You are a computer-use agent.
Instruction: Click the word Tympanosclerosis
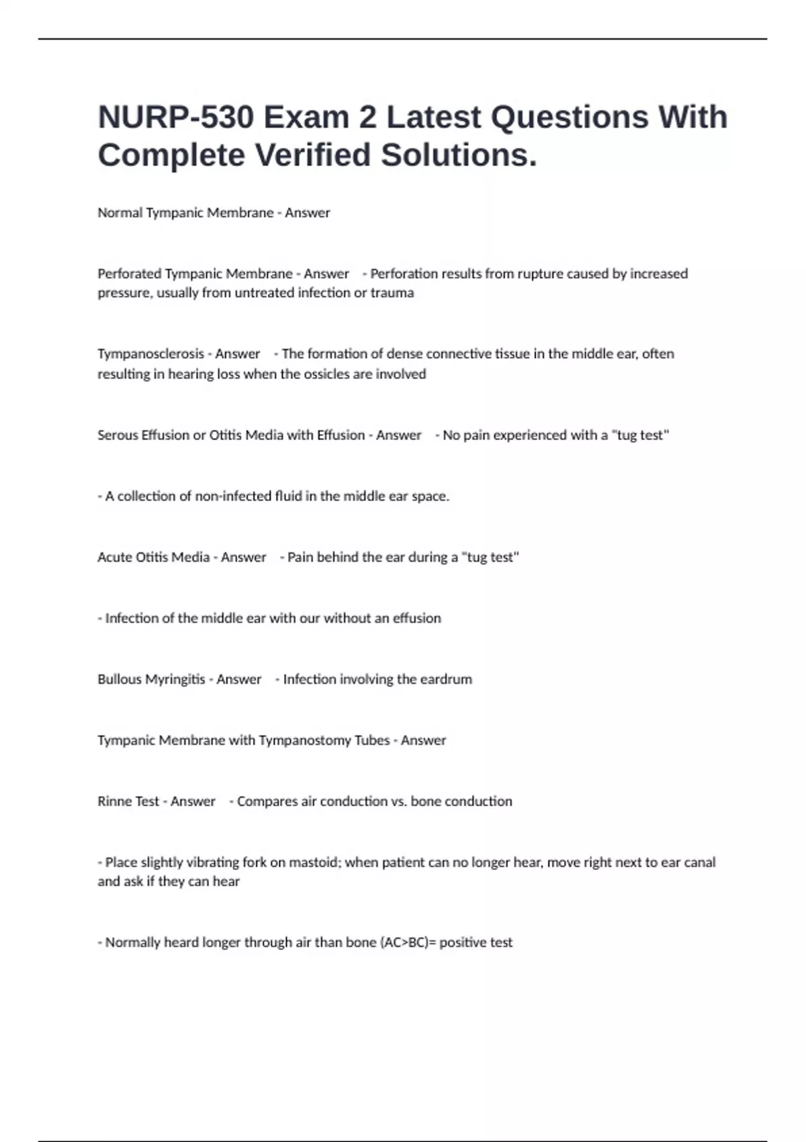[x=150, y=354]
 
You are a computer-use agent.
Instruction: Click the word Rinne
[x=113, y=801]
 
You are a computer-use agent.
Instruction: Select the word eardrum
[x=446, y=679]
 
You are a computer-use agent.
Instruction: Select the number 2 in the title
[x=367, y=118]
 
